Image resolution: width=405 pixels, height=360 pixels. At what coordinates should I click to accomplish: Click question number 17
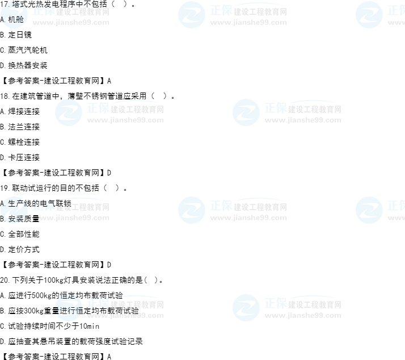pos(5,4)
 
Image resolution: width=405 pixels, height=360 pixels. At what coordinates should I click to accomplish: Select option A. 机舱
pos(12,19)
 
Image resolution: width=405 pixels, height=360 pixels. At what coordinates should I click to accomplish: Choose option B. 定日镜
pos(16,35)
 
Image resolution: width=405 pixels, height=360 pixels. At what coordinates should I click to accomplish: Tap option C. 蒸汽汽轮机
pos(24,50)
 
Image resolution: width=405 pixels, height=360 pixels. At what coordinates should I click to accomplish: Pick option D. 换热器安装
pos(24,65)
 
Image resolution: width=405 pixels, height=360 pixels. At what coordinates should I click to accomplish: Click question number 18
pos(5,96)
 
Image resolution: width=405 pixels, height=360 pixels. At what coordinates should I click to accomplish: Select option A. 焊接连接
pos(20,111)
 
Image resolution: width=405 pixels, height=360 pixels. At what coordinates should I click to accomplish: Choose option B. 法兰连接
pos(20,127)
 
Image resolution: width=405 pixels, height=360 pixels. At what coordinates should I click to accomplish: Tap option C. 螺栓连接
pos(20,142)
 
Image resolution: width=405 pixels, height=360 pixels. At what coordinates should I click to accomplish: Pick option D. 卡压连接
pos(20,157)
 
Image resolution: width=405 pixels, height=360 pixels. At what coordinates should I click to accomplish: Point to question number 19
pos(5,189)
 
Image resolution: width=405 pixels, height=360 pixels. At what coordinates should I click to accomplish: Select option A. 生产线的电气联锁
pos(36,203)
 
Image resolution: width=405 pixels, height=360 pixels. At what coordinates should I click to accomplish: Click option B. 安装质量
pos(20,219)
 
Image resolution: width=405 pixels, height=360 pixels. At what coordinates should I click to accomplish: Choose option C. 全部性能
pos(20,235)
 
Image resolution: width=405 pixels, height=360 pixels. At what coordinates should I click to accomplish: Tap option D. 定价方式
pos(20,250)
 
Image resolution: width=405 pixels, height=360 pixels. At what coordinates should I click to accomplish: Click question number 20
pos(5,281)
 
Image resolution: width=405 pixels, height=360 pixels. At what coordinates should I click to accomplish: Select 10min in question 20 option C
pos(90,326)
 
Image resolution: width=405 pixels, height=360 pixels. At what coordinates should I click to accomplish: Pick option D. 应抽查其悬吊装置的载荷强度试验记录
pos(71,342)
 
